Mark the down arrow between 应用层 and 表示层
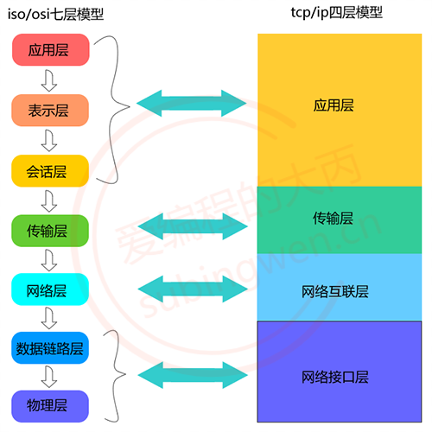(x=49, y=81)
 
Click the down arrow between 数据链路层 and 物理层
(x=49, y=377)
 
